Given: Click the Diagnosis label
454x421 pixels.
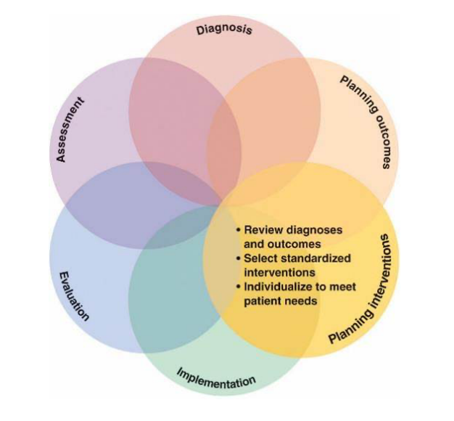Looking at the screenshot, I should (225, 30).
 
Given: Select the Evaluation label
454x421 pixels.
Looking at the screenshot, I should (73, 295).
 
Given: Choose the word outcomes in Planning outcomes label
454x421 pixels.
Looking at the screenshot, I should (381, 141).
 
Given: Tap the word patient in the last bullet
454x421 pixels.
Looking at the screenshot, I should (263, 301).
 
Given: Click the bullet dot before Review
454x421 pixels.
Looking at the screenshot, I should (238, 230).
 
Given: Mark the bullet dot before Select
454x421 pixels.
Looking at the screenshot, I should (238, 259).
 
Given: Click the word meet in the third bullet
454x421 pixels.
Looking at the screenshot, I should (342, 287).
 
